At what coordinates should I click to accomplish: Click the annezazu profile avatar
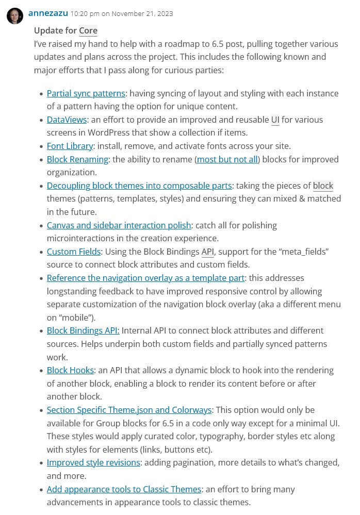(x=15, y=15)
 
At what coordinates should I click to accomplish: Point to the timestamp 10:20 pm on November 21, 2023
(x=122, y=13)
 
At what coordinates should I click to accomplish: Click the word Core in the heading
(x=88, y=31)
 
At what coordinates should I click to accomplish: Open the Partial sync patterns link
(x=86, y=93)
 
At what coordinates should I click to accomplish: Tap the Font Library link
(x=70, y=146)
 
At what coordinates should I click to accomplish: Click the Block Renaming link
(x=77, y=159)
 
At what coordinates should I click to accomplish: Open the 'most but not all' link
(x=227, y=159)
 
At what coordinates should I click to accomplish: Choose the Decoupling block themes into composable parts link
(x=139, y=186)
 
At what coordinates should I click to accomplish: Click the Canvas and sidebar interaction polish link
(x=119, y=225)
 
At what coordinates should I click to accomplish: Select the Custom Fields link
(x=74, y=252)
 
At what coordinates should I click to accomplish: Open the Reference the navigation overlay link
(x=145, y=278)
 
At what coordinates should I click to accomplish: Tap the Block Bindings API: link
(x=83, y=330)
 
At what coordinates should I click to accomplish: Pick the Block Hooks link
(x=70, y=370)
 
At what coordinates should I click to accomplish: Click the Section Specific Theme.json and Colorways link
(x=129, y=410)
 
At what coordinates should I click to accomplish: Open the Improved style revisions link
(x=93, y=462)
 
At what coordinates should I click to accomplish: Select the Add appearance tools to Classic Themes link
(x=124, y=489)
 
